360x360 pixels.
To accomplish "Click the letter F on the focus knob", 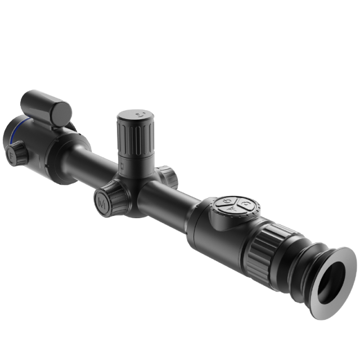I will pyautogui.click(x=11, y=152).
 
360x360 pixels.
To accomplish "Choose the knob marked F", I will pyautogui.click(x=17, y=152).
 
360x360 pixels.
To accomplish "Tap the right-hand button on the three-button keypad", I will pyautogui.click(x=247, y=205).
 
